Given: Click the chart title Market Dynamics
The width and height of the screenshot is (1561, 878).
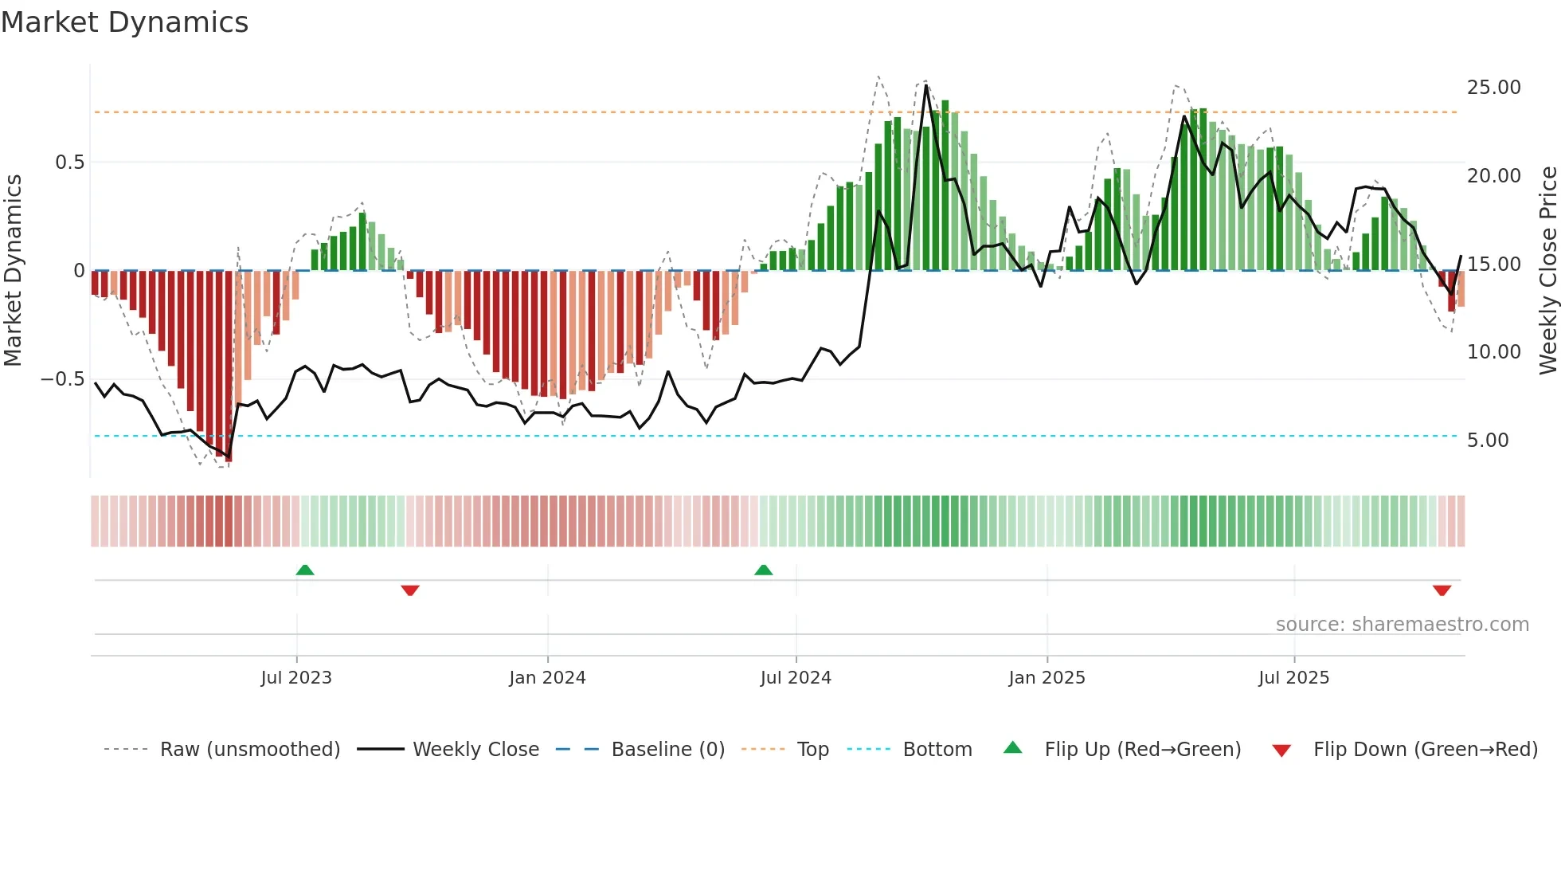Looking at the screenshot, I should pyautogui.click(x=124, y=22).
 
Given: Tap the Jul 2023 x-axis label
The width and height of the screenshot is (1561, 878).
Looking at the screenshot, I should pyautogui.click(x=296, y=678).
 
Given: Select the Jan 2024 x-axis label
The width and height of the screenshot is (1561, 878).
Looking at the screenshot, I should pyautogui.click(x=547, y=678).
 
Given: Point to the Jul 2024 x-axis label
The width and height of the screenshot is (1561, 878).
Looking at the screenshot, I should pyautogui.click(x=796, y=678).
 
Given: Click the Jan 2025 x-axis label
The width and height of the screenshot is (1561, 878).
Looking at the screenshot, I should pyautogui.click(x=1047, y=678).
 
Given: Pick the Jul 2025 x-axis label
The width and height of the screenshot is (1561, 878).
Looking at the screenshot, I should pyautogui.click(x=1294, y=678).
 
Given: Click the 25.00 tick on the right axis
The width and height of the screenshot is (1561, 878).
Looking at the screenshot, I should pyautogui.click(x=1493, y=88).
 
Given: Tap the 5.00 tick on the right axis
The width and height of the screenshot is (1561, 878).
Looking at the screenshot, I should pyautogui.click(x=1488, y=441).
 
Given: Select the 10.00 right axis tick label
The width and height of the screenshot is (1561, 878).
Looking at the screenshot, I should pyautogui.click(x=1493, y=352).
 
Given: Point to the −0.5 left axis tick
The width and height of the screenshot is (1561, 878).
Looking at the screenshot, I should pyautogui.click(x=63, y=379).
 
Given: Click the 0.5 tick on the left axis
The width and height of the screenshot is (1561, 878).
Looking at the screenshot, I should pyautogui.click(x=69, y=163).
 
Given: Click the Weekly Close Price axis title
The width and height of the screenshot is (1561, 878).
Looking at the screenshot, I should pyautogui.click(x=1547, y=270).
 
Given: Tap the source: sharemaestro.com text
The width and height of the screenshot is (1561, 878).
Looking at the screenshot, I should pyautogui.click(x=1402, y=625).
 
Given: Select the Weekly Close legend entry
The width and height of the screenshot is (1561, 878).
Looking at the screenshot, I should pyautogui.click(x=475, y=750).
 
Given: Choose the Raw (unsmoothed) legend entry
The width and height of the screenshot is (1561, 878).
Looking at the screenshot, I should pyautogui.click(x=249, y=750).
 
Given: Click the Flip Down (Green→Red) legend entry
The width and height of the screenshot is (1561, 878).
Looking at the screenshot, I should pyautogui.click(x=1425, y=750).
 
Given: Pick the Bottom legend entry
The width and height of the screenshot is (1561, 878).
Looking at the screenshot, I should pyautogui.click(x=937, y=750).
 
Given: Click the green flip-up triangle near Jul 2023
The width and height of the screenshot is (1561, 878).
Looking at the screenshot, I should pyautogui.click(x=305, y=570).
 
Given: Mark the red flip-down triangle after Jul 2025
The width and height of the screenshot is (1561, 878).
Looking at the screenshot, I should pyautogui.click(x=1442, y=590).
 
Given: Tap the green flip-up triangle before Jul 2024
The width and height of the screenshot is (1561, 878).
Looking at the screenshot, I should pyautogui.click(x=763, y=570).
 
